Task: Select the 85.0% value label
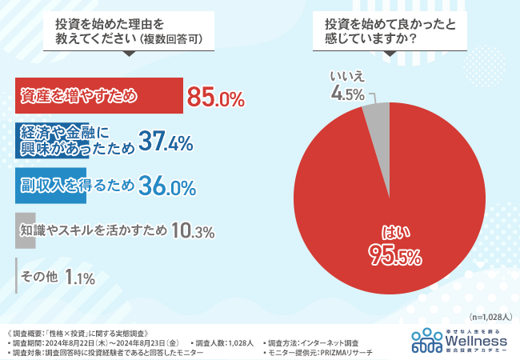215,98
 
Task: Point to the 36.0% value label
166,186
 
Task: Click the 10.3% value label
193,231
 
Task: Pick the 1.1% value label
80,277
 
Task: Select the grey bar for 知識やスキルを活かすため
25,231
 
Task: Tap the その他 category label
41,277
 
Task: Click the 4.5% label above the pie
348,94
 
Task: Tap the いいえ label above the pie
347,76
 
